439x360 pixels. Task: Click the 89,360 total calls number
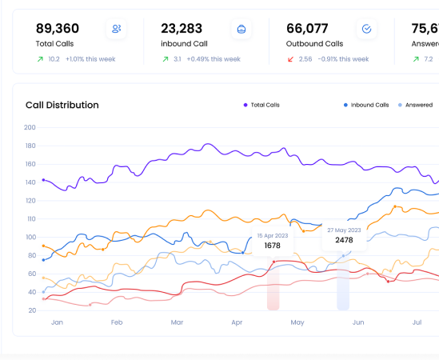57,28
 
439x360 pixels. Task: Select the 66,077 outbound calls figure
308,28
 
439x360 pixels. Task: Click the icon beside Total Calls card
117,29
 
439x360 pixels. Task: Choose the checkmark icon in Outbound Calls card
366,29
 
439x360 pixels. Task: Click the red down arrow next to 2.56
291,59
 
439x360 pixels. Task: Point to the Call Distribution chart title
62,105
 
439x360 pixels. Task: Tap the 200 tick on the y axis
30,127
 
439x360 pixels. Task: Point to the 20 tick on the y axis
32,310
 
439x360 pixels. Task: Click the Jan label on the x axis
57,322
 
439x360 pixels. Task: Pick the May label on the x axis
297,322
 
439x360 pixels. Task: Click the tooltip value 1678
273,246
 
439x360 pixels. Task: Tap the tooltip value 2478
344,240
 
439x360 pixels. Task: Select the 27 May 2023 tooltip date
344,230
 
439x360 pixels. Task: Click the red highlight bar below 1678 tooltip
273,295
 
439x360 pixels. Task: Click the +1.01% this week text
90,59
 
